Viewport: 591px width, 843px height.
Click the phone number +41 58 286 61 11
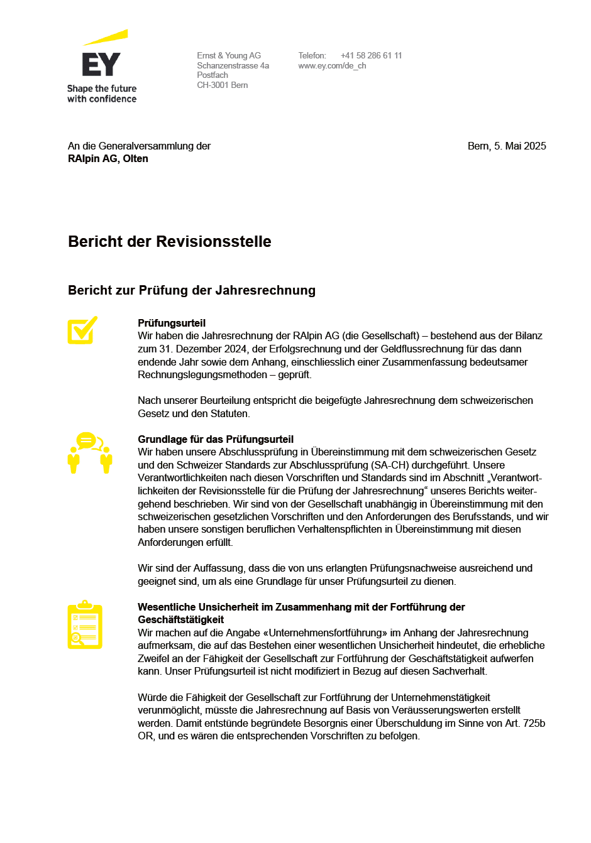pos(371,55)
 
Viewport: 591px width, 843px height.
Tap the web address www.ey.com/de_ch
pos(332,65)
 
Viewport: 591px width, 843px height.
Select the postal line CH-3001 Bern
pos(223,85)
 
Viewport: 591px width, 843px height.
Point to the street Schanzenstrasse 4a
pos(233,65)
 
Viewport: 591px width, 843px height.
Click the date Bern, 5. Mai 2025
pos(507,146)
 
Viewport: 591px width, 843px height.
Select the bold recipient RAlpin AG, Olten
pos(108,159)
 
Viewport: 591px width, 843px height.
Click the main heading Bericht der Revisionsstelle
pos(170,242)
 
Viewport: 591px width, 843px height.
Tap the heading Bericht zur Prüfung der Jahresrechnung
pos(192,290)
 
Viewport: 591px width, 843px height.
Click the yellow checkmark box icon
pos(82,330)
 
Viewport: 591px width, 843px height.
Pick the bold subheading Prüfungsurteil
pos(172,323)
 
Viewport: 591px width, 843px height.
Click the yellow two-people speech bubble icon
pos(90,452)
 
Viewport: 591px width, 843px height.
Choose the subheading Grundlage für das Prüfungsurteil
pos(216,439)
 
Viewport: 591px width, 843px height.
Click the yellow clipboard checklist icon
pos(85,625)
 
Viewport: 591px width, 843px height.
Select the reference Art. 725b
pos(525,723)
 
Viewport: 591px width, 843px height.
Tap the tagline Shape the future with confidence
pos(102,94)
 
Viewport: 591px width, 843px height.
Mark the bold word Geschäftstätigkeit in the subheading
pos(181,619)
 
